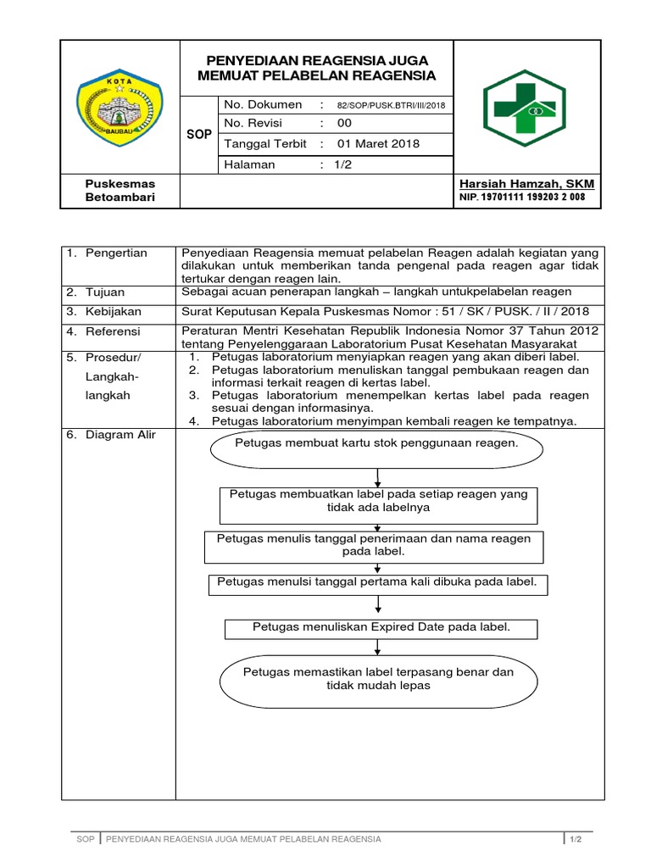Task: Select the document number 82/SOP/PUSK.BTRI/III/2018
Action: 390,105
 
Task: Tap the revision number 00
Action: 345,124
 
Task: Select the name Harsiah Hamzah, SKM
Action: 526,184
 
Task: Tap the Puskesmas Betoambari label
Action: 120,191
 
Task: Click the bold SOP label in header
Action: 198,135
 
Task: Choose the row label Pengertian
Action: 116,253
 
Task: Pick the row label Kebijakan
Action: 114,311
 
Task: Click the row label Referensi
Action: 113,331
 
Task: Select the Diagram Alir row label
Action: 120,435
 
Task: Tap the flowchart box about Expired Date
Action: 380,628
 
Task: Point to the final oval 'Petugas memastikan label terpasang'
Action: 379,679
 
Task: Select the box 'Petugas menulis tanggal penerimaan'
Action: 374,546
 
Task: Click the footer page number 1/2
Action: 575,839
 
